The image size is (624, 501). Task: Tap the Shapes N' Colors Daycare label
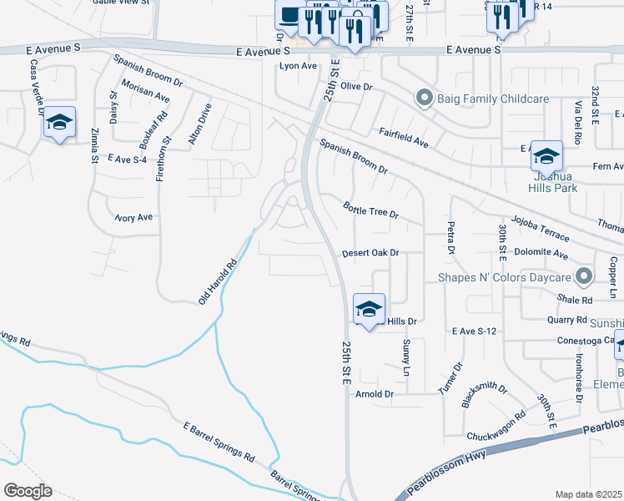pyautogui.click(x=506, y=276)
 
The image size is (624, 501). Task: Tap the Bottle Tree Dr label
pyautogui.click(x=371, y=209)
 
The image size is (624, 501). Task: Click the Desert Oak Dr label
pyautogui.click(x=371, y=252)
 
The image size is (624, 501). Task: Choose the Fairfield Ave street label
pyautogui.click(x=404, y=138)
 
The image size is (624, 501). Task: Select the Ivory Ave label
pyautogui.click(x=133, y=218)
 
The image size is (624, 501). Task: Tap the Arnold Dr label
pyautogui.click(x=374, y=393)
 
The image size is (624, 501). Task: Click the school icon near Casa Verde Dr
pyautogui.click(x=59, y=123)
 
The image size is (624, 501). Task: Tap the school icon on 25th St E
pyautogui.click(x=368, y=310)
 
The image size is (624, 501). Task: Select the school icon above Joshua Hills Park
pyautogui.click(x=546, y=156)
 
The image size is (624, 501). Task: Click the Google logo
pyautogui.click(x=28, y=490)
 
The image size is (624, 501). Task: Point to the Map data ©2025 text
pyautogui.click(x=588, y=493)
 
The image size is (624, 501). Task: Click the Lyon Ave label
pyautogui.click(x=299, y=66)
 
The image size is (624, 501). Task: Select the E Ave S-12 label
pyautogui.click(x=474, y=331)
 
